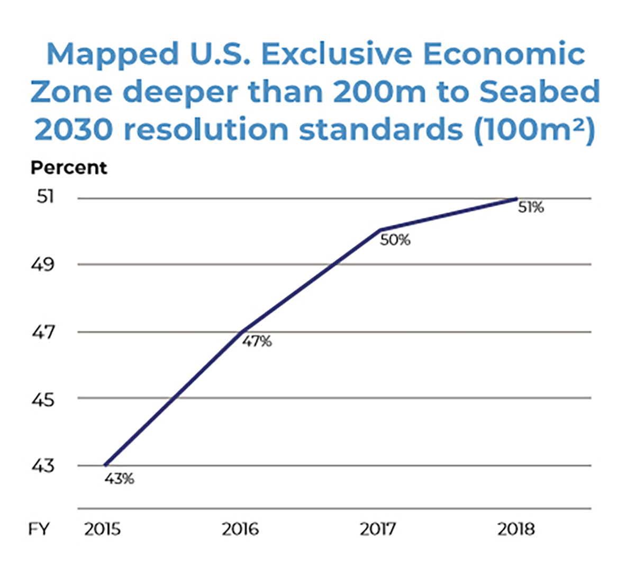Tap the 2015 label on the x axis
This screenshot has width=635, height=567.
pos(103,529)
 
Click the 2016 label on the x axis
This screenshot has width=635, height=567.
pos(240,529)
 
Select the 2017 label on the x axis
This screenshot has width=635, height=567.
pos(378,529)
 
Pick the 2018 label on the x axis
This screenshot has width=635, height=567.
pos(516,529)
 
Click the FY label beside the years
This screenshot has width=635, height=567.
pos(39,529)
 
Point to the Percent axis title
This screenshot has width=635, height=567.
pos(69,167)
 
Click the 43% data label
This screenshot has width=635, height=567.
pos(119,479)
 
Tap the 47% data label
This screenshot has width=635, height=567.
pos(257,342)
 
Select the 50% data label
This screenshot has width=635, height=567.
pos(395,240)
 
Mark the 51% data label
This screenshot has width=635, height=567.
pos(531,208)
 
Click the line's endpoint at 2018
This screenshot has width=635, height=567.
pos(516,199)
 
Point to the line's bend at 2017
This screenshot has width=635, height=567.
pos(380,230)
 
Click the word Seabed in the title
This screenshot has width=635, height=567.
pos(540,92)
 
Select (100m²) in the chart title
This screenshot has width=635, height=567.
pos(534,130)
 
